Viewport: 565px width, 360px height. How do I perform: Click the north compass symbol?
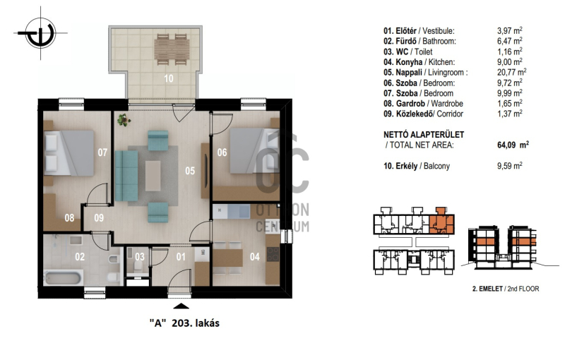pos(41,33)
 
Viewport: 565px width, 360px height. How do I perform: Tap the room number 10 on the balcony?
pos(169,78)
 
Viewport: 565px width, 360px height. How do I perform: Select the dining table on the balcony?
pos(172,49)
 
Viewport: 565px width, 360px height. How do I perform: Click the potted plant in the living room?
pos(124,120)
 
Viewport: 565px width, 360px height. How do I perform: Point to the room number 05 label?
pos(190,171)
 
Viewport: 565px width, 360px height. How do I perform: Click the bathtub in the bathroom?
pos(63,277)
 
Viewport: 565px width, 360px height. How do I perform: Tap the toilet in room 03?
pos(137,266)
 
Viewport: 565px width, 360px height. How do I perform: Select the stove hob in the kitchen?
pos(273,254)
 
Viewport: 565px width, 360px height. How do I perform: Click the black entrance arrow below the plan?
pos(182,306)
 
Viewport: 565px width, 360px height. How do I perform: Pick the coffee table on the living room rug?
pos(153,176)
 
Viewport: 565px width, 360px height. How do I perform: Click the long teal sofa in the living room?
pos(126,176)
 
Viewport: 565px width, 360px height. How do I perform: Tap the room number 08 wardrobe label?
pos(69,217)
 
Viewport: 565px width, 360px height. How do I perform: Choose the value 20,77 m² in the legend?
pos(511,72)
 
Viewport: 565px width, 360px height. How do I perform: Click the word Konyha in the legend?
pos(409,62)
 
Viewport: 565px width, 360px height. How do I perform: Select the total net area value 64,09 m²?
pos(513,145)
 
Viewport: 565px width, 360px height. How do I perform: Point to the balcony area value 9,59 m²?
pos(509,166)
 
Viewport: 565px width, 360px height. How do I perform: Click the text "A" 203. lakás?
pos(184,323)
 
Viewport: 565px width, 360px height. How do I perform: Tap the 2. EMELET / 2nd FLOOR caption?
pos(506,289)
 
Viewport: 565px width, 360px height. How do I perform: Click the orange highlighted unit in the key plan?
pos(442,222)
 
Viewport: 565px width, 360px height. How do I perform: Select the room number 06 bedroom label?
pos(222,152)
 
